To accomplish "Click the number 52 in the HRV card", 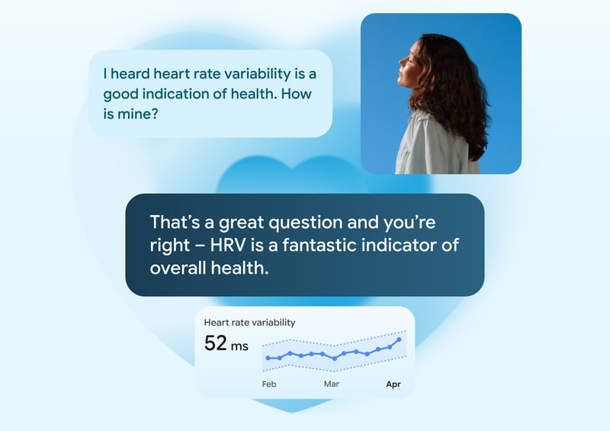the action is tap(216, 343).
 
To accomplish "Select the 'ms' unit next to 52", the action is tap(239, 346).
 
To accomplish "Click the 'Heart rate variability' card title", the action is tap(250, 323).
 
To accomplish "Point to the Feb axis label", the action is tap(269, 384).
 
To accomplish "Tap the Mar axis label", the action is tap(332, 384).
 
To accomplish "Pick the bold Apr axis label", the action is tap(393, 384).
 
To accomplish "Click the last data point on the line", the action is tap(399, 340).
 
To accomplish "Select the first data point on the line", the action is tap(268, 358).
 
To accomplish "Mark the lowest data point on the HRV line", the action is tap(335, 359).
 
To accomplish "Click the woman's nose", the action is tap(401, 63).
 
